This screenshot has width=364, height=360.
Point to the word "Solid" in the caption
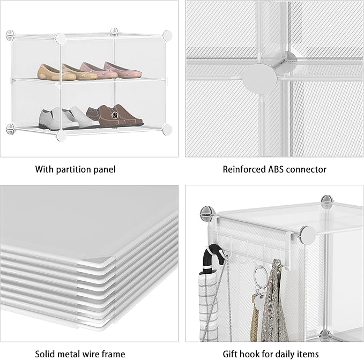(46, 354)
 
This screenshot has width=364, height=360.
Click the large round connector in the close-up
(260, 78)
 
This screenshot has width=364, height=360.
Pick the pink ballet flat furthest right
(118, 70)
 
